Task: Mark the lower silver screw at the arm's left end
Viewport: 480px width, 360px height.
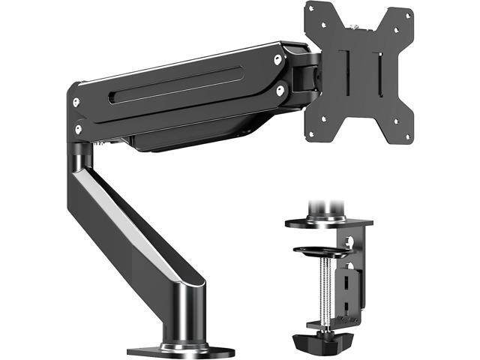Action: (x=77, y=128)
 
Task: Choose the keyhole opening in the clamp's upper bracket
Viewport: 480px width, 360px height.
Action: (x=349, y=241)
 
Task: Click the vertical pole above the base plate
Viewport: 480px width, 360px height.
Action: (x=181, y=315)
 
